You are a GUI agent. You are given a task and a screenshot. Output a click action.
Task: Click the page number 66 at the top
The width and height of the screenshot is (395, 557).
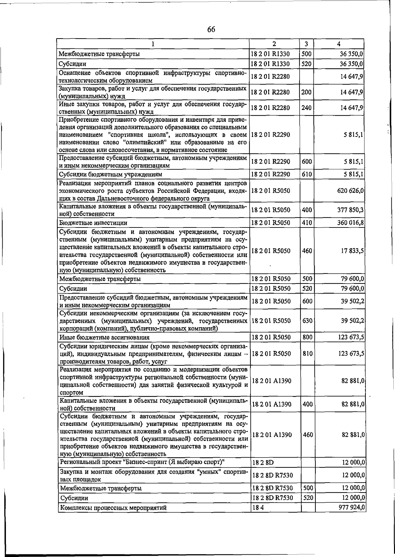point(211,30)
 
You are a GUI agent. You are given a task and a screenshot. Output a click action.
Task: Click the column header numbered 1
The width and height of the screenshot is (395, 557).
point(153,44)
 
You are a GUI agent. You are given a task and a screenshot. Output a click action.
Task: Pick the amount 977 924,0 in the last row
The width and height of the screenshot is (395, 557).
point(352,517)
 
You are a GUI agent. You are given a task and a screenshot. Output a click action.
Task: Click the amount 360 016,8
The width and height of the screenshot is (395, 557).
point(351,223)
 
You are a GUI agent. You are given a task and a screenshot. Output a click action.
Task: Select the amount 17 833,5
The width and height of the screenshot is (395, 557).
point(353,251)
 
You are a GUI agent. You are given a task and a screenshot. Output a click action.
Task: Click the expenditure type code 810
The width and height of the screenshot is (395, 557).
point(307,354)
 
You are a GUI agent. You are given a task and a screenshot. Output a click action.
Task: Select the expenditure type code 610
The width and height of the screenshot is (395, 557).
point(306,174)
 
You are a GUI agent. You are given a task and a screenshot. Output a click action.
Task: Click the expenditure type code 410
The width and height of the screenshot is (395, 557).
point(307,223)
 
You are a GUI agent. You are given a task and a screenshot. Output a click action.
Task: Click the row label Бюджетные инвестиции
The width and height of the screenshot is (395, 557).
point(93,223)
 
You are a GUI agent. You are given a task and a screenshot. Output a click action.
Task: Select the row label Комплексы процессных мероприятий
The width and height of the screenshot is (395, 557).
point(113,517)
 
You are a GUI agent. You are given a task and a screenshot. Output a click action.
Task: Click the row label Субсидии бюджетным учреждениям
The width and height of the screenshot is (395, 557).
point(110,174)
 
